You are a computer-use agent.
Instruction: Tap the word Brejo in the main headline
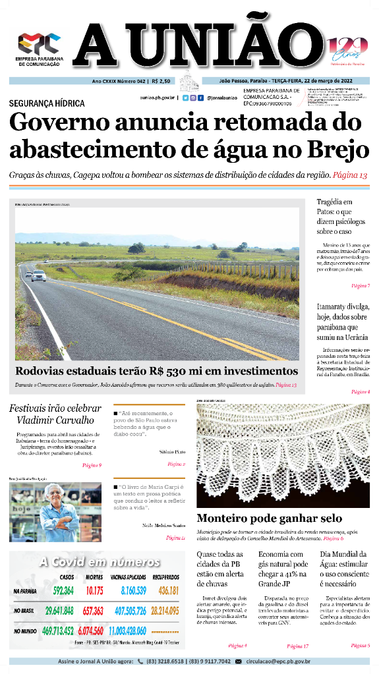(339, 150)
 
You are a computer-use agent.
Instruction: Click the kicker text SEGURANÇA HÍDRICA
(47, 103)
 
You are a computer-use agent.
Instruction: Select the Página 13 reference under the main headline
(350, 175)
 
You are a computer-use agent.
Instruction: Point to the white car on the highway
(38, 275)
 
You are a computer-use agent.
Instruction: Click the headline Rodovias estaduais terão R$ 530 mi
(156, 371)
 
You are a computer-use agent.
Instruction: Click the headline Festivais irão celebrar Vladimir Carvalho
(55, 414)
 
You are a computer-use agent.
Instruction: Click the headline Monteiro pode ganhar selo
(270, 518)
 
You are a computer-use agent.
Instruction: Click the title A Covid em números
(99, 562)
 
